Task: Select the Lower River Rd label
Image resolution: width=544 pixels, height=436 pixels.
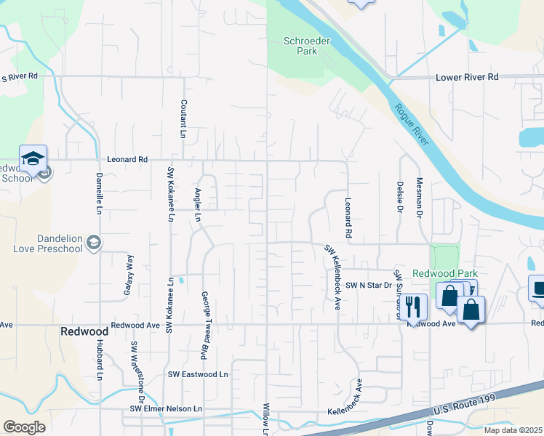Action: point(466,76)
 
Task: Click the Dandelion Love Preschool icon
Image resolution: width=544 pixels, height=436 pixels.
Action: point(93,243)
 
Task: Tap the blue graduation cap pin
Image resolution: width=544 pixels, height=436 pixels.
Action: point(33,159)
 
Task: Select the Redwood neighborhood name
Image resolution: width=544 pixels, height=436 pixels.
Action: point(85,331)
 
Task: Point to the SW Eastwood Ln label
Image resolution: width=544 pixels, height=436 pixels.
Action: point(199,374)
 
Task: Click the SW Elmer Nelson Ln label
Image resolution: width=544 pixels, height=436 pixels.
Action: point(167,409)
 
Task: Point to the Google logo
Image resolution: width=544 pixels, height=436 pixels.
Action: point(24,427)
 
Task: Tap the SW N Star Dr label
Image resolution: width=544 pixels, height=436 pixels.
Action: point(368,286)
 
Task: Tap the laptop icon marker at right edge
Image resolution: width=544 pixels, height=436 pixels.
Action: point(537,288)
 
